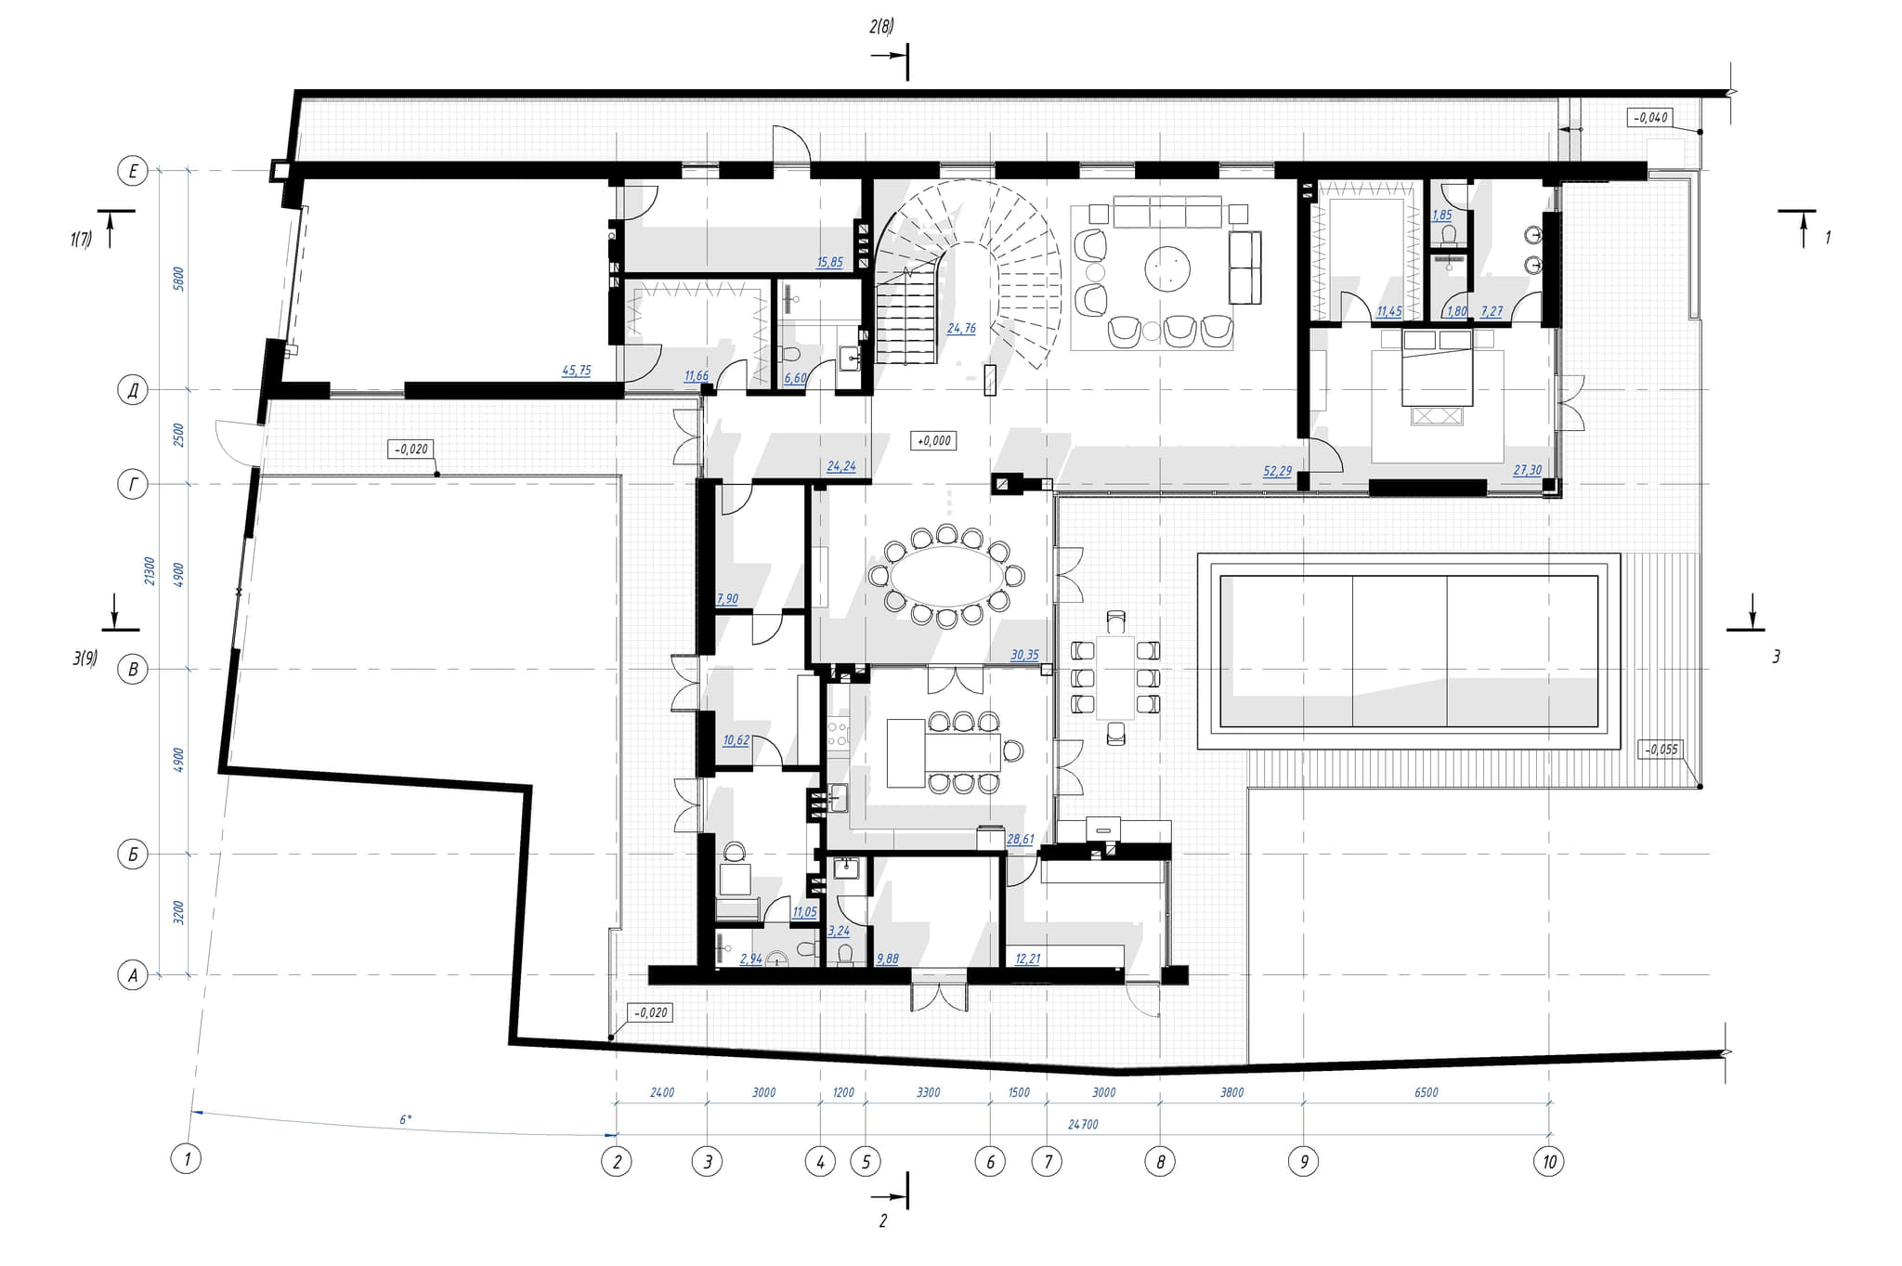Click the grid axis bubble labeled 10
coord(1548,1161)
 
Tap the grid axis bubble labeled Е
coord(133,171)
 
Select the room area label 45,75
coord(576,371)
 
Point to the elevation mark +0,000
coord(934,440)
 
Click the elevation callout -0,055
coord(1661,749)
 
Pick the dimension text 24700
coord(1083,1124)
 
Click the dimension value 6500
coord(1426,1092)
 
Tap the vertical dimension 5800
coord(179,279)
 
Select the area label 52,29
coord(1277,472)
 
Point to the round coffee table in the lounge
coord(1167,269)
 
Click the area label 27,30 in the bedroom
coord(1527,471)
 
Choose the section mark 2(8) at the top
coord(881,27)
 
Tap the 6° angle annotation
coord(405,1120)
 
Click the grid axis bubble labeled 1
coord(187,1158)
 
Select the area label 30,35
coord(1024,655)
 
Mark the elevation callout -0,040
coord(1649,118)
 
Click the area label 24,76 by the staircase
coord(961,329)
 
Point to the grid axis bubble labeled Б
coord(133,855)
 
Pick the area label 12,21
coord(1027,959)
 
